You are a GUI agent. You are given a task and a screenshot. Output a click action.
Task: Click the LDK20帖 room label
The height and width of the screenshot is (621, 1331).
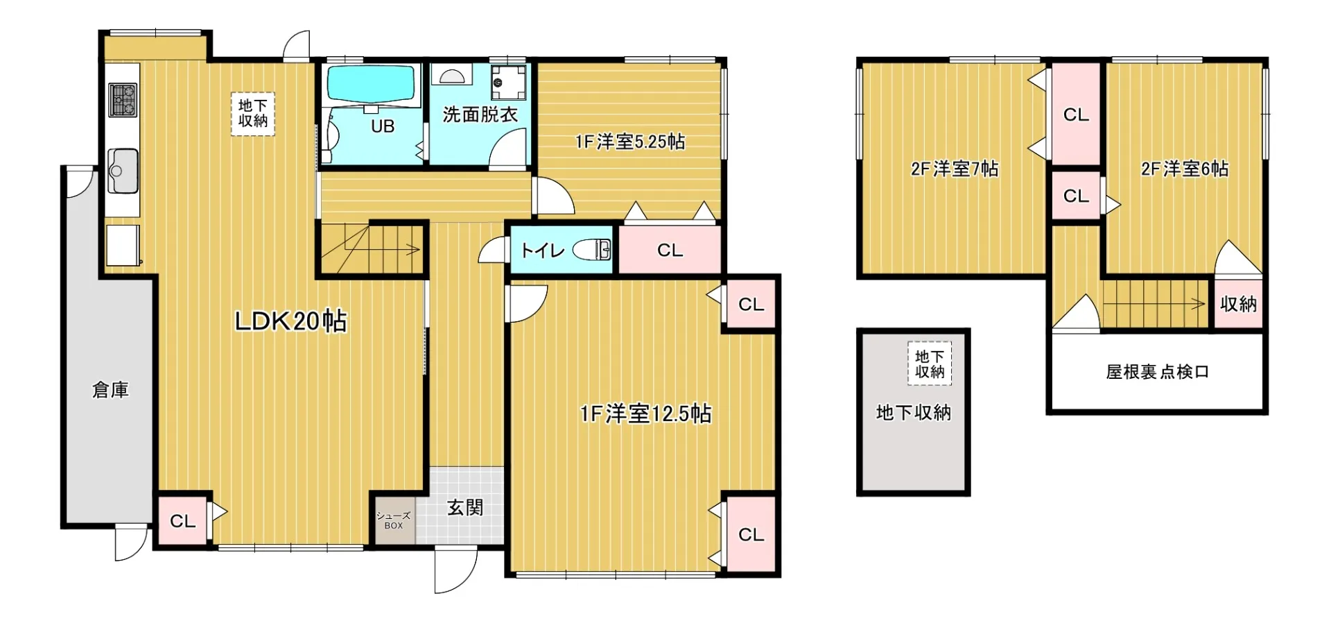click(290, 321)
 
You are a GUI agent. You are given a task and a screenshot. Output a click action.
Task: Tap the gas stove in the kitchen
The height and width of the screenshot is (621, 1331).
click(123, 99)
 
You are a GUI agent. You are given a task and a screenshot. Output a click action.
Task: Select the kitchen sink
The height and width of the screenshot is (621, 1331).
click(123, 171)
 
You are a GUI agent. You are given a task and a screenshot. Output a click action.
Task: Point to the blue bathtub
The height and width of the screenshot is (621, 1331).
click(370, 85)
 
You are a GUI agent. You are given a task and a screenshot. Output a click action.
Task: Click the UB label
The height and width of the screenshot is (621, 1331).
click(383, 126)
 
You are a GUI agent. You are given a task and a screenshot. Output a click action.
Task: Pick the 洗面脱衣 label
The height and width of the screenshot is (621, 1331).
click(480, 114)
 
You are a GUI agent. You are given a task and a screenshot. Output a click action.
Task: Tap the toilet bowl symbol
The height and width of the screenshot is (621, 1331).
click(592, 250)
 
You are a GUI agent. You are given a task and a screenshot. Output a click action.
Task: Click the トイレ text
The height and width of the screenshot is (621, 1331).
click(542, 250)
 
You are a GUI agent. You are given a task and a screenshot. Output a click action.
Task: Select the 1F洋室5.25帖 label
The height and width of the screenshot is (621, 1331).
click(630, 142)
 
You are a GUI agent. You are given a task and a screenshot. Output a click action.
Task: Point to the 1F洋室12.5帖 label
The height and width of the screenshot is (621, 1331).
click(645, 414)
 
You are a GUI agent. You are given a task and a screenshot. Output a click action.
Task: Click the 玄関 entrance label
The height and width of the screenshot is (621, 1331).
click(464, 507)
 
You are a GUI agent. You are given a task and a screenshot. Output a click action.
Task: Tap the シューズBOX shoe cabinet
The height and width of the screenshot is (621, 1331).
click(394, 520)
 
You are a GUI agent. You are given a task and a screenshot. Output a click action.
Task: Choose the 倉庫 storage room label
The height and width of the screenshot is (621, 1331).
click(110, 390)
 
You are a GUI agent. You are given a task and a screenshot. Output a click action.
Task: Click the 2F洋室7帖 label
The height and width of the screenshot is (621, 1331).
click(955, 169)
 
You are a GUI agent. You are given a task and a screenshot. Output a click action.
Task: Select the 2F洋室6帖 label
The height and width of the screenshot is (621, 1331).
click(1185, 169)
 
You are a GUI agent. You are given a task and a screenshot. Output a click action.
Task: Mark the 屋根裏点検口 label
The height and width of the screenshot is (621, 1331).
click(1157, 372)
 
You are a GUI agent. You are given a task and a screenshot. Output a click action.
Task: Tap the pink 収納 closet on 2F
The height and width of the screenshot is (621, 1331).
click(1238, 303)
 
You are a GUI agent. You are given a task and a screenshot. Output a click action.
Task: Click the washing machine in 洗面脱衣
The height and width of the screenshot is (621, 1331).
click(508, 83)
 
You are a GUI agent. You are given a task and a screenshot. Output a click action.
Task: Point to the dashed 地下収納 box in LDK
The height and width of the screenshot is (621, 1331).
click(253, 113)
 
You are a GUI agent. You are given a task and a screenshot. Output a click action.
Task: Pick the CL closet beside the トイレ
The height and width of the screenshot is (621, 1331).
click(670, 250)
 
